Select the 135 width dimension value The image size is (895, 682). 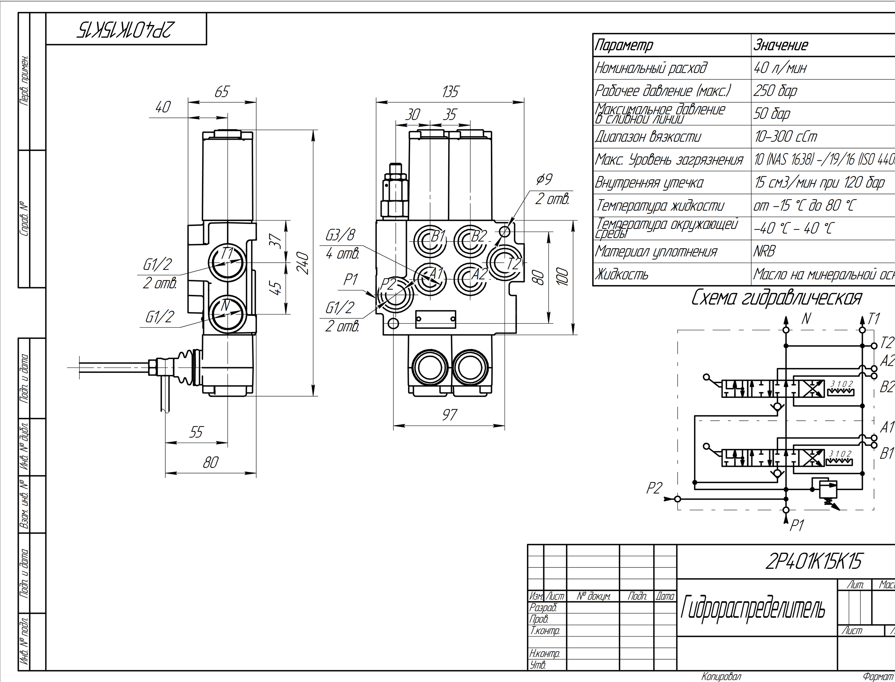pyautogui.click(x=450, y=92)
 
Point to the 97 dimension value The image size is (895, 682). pyautogui.click(x=449, y=414)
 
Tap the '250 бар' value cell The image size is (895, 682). pyautogui.click(x=775, y=91)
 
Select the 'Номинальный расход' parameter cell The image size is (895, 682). pyautogui.click(x=651, y=68)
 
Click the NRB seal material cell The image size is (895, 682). pyautogui.click(x=765, y=252)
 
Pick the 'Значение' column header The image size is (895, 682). pyautogui.click(x=781, y=45)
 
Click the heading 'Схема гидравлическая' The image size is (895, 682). pyautogui.click(x=776, y=298)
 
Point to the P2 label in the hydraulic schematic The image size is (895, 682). pyautogui.click(x=654, y=488)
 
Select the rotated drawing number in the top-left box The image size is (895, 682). pyautogui.click(x=126, y=29)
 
